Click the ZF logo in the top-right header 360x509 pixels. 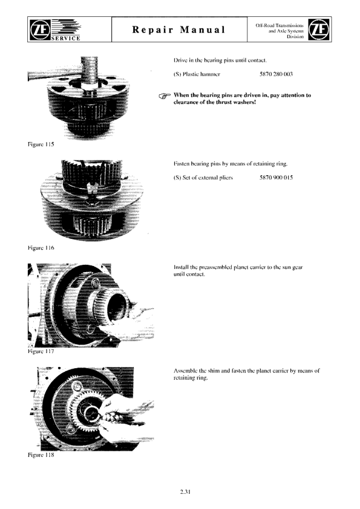[318, 29]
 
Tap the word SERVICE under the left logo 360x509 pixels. [66, 38]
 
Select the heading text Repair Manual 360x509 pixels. [179, 30]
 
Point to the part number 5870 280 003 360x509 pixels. [276, 74]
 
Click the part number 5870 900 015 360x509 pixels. [276, 178]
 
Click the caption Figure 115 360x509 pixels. [41, 144]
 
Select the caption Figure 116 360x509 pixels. [41, 248]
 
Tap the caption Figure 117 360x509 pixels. [41, 351]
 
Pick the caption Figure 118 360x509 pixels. [41, 455]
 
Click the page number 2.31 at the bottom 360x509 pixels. [185, 492]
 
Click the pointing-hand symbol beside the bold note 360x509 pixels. [165, 96]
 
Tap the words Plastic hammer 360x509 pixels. [201, 74]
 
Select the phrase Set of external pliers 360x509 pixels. [208, 178]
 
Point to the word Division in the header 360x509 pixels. [295, 37]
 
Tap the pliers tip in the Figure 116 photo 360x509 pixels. [93, 187]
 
